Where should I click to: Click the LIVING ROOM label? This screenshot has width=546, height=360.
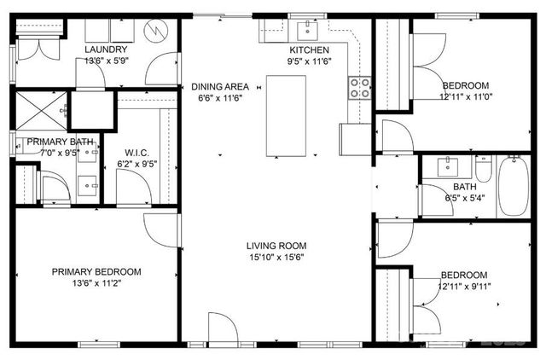click(276, 245)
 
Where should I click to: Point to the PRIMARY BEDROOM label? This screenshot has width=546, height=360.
click(96, 272)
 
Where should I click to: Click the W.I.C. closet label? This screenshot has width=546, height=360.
click(136, 154)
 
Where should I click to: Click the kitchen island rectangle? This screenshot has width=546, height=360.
click(286, 116)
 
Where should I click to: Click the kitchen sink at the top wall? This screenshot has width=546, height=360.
click(305, 31)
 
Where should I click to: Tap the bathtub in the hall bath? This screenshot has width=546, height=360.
click(514, 185)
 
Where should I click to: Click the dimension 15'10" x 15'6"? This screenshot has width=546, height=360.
click(276, 257)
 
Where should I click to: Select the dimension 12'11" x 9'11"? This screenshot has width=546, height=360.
click(465, 287)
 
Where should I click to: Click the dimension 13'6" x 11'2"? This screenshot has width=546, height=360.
click(96, 284)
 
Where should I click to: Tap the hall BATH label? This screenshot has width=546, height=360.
click(465, 186)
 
